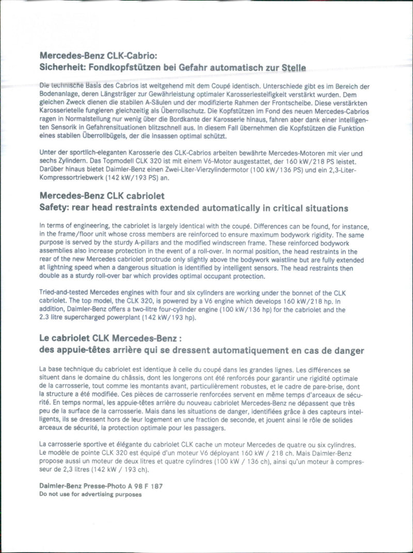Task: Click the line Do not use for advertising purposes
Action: (x=90, y=494)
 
